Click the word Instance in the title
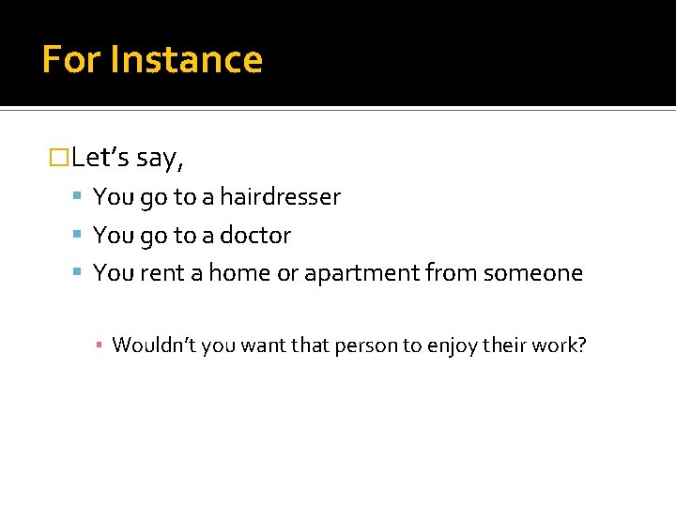point(186,60)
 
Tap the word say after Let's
point(160,159)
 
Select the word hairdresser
point(280,197)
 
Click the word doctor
point(255,236)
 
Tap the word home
point(238,273)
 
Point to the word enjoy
point(453,346)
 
